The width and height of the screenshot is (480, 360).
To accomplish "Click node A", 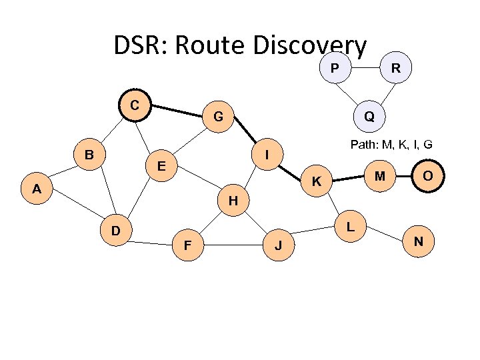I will [x=37, y=189].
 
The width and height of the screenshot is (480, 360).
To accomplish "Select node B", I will [x=88, y=155].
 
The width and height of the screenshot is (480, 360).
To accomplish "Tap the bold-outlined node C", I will [x=135, y=105].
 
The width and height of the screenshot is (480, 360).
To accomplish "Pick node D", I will [x=115, y=231].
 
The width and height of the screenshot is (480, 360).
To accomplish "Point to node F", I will [x=188, y=246].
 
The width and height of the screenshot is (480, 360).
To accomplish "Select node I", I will [x=267, y=155].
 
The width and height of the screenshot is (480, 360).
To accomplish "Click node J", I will [x=279, y=246].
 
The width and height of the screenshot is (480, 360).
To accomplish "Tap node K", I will [x=318, y=181].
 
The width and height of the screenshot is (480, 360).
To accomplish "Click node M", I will [x=379, y=176].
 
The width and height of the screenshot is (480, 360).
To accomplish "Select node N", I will [x=419, y=240].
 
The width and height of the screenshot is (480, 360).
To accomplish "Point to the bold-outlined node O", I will [x=428, y=176].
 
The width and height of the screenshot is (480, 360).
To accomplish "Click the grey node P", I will [x=333, y=67].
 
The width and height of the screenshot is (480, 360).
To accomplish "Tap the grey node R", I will [x=396, y=67].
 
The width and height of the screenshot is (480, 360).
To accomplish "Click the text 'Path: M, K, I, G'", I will [x=391, y=144].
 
